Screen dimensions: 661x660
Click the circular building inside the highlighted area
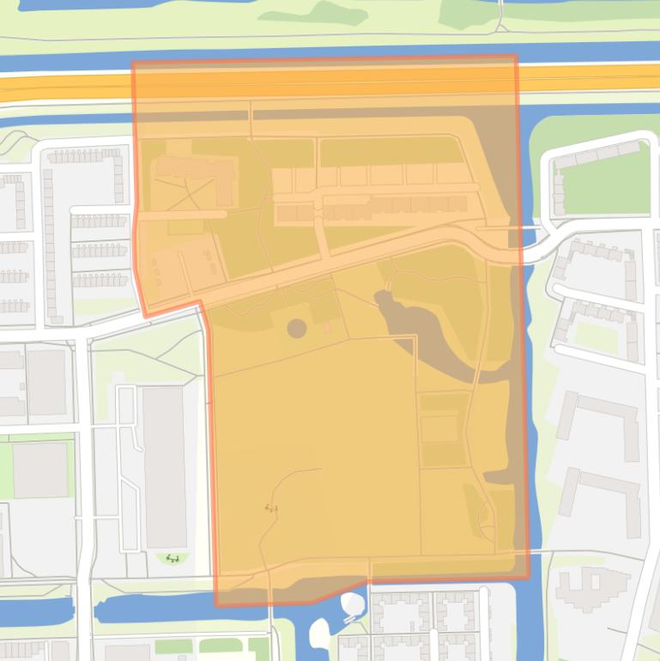(296, 328)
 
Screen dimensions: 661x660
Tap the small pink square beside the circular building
(327, 328)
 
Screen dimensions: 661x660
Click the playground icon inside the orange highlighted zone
(271, 508)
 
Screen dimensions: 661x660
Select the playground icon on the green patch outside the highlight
(173, 559)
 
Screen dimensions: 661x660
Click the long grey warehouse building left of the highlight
(165, 467)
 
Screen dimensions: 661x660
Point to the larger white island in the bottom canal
(352, 605)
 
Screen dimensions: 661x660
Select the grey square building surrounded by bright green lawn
(39, 470)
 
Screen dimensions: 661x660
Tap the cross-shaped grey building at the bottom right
(593, 589)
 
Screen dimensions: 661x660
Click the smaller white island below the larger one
(318, 634)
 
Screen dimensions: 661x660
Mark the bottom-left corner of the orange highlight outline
(216, 603)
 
